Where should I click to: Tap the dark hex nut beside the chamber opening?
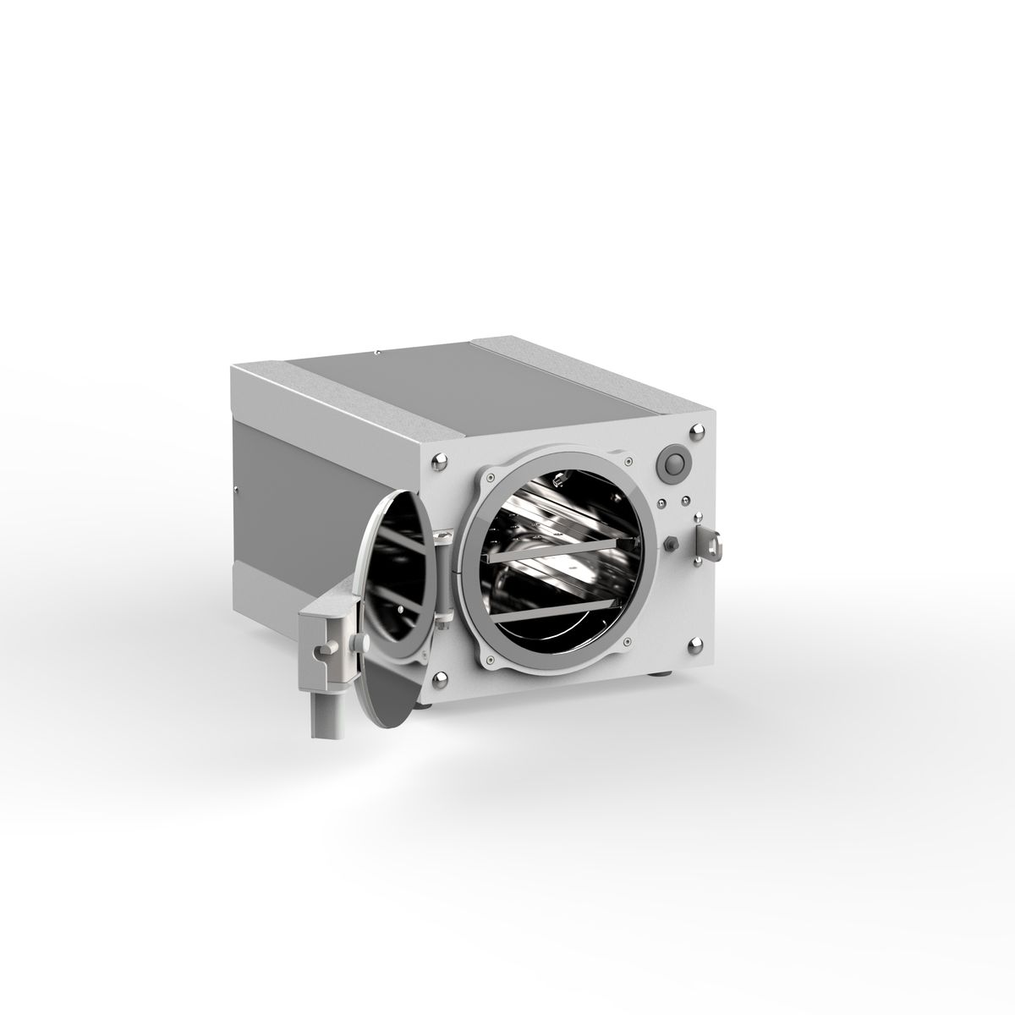670,542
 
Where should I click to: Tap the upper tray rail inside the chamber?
558,551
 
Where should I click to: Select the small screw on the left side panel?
239,488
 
